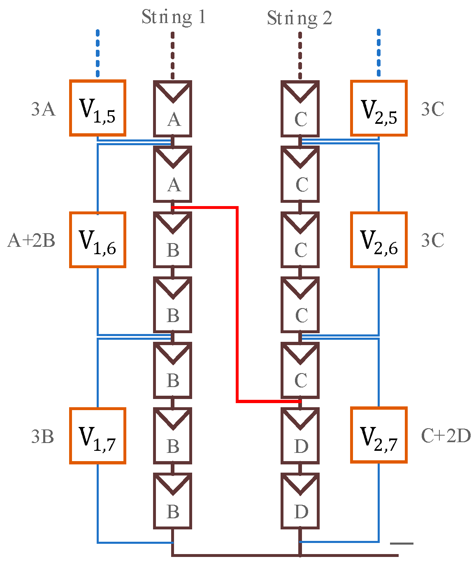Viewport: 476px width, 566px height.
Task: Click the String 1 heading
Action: (173, 17)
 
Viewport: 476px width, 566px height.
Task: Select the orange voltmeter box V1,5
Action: (98, 108)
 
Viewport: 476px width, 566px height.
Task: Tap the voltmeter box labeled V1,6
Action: (98, 240)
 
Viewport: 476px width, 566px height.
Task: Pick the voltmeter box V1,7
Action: (98, 436)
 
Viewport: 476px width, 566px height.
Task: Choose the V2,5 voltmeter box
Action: (379, 108)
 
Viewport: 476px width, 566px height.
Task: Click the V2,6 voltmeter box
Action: (379, 240)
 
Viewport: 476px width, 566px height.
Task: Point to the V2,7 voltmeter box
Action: (379, 435)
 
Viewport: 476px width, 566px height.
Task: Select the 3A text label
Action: (43, 109)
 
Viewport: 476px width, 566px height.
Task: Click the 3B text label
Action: (42, 437)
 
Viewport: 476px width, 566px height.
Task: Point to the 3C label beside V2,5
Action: (432, 109)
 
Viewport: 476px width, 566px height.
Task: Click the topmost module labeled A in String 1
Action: (173, 109)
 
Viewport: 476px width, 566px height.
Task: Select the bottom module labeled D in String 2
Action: (300, 501)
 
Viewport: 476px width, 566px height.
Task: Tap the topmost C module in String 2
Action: (300, 109)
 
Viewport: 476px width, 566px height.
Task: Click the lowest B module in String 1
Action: (173, 501)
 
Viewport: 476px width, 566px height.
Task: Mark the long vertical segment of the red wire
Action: (237, 304)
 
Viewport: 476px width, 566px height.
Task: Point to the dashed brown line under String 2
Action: (300, 56)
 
